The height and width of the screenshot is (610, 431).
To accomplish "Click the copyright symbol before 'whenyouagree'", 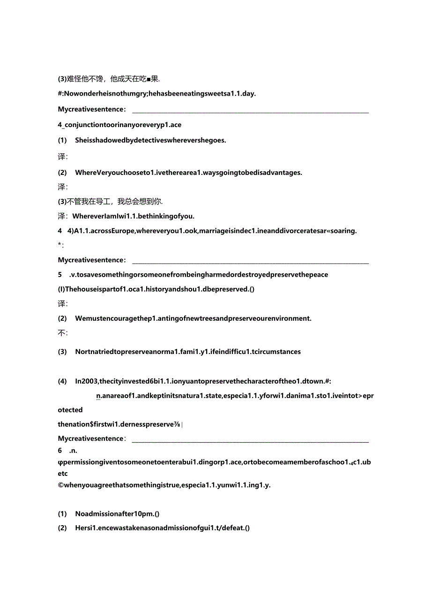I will [60, 485].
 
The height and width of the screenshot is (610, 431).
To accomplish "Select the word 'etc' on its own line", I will [63, 474].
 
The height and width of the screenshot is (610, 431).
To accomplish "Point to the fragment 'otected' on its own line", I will [70, 410].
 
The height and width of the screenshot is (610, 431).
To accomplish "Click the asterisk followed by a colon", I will [61, 245].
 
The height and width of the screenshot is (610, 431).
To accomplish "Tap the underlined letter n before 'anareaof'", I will [98, 396].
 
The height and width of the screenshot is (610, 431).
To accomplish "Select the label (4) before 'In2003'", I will [62, 381].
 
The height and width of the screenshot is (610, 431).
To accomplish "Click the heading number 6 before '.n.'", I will [60, 450].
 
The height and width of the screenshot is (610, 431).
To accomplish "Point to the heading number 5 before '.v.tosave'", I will [60, 274].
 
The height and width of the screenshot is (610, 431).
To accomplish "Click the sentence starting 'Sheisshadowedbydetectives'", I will [150, 140].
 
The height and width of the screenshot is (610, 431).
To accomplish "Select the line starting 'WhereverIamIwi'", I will [133, 216].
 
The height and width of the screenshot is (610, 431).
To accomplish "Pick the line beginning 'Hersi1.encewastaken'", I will [162, 527].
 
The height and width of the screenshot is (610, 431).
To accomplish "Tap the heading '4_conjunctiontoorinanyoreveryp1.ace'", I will [119, 125].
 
